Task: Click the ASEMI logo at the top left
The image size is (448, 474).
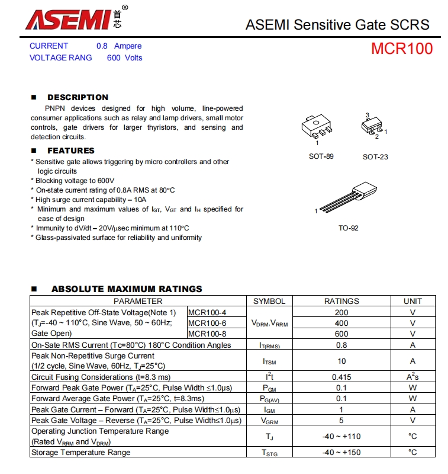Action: (76, 19)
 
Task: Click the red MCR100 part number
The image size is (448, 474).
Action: (402, 49)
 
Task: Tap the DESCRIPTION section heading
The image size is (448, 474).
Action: (78, 97)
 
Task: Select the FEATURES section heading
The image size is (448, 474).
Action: (70, 150)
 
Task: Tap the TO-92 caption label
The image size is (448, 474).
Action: (348, 228)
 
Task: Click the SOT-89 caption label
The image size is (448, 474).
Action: (321, 156)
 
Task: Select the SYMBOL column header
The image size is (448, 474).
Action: (269, 301)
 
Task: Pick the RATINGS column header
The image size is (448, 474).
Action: (341, 301)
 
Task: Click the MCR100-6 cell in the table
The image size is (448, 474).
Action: (207, 323)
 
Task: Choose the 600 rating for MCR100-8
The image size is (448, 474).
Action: (341, 334)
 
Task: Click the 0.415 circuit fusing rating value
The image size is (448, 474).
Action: (341, 377)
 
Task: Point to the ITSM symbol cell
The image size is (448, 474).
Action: (269, 361)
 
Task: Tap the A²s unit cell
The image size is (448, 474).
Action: (412, 377)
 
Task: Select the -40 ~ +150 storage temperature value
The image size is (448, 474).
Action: (341, 453)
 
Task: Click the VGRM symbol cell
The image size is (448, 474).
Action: (269, 420)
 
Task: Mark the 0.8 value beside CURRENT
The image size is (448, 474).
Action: (101, 46)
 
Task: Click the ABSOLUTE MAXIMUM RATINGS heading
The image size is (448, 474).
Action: (127, 289)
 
